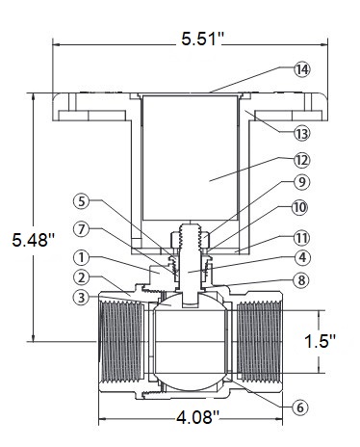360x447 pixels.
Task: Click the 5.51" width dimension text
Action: [202, 39]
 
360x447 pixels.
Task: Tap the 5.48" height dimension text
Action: [33, 240]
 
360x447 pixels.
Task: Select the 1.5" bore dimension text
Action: [319, 341]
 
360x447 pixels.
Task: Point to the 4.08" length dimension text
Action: [197, 417]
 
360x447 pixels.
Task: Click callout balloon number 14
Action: [302, 69]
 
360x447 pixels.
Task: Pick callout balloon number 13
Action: [302, 134]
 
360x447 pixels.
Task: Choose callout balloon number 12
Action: [302, 160]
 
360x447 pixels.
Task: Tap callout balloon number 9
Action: [302, 182]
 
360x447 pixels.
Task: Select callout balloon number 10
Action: [299, 207]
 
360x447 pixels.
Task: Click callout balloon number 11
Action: [301, 238]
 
